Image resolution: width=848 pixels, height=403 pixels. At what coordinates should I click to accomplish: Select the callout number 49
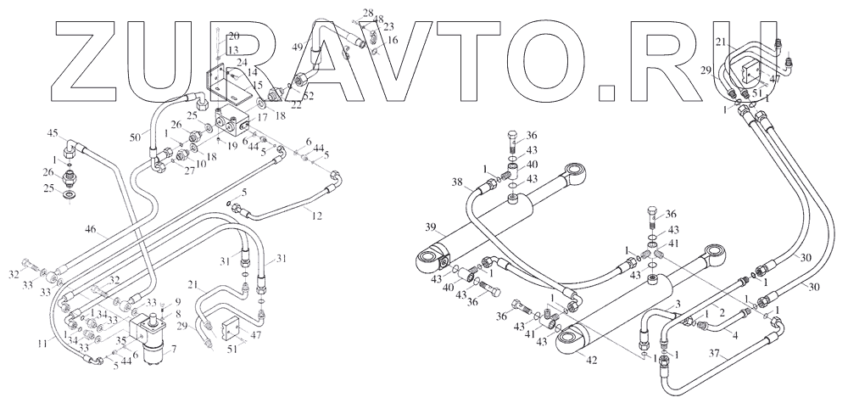click(x=297, y=46)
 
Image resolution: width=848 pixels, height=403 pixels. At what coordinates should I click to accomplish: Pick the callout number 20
click(x=234, y=36)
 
